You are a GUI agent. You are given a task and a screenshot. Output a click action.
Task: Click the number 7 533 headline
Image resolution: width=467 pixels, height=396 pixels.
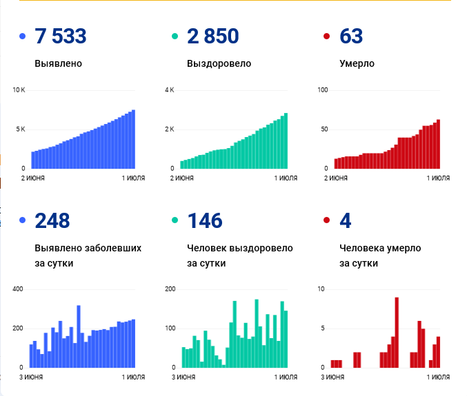click(61, 37)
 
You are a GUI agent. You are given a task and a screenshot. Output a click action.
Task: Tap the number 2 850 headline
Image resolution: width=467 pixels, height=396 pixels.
click(212, 37)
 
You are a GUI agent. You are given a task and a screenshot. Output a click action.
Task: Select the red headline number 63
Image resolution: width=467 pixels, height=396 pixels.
click(351, 37)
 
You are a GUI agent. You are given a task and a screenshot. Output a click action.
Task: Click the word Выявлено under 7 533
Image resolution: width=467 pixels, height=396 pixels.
click(58, 64)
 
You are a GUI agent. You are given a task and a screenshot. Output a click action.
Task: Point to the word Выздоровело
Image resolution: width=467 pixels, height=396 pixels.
click(219, 64)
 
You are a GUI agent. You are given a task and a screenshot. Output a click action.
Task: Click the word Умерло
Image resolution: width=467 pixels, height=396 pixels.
click(357, 64)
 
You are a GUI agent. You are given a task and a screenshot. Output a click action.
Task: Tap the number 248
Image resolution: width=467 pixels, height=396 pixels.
click(52, 221)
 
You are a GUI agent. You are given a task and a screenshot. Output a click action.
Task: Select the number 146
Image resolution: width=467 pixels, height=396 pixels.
click(205, 221)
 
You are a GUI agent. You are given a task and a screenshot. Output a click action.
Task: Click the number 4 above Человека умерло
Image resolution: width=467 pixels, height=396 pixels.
click(346, 221)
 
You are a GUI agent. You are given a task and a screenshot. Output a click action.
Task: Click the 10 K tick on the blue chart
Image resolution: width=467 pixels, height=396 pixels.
click(19, 90)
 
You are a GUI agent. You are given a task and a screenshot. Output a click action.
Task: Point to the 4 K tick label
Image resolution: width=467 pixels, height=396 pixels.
click(170, 90)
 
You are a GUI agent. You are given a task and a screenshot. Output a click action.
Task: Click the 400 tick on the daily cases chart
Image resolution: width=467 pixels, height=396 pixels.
click(19, 289)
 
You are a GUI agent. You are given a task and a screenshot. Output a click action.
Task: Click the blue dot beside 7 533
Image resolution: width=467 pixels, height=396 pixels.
click(23, 37)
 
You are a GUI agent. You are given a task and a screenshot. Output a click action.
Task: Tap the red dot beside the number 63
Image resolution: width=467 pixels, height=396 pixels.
click(326, 37)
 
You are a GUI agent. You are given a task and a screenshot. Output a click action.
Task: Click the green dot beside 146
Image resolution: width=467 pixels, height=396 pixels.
click(175, 221)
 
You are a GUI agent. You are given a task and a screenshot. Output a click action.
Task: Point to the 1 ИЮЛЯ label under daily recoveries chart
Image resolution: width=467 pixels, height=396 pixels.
click(285, 377)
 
